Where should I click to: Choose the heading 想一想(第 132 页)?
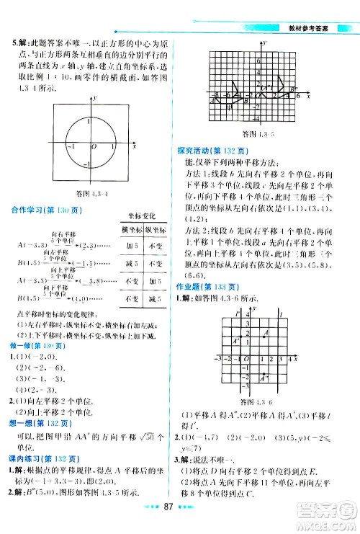[37, 424]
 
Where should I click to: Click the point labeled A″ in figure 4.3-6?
[264, 375]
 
